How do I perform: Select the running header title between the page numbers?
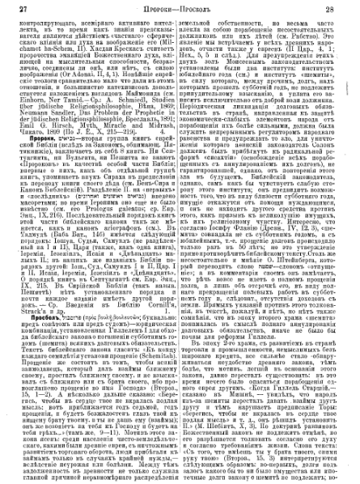pos(180,7)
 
